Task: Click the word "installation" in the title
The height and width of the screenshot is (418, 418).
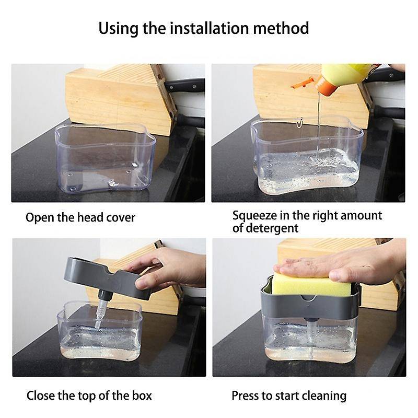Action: (210, 28)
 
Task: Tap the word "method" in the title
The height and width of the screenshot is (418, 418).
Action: (281, 28)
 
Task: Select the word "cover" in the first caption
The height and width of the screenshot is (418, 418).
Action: (121, 217)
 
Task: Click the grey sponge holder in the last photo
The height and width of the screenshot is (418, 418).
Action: (310, 305)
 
